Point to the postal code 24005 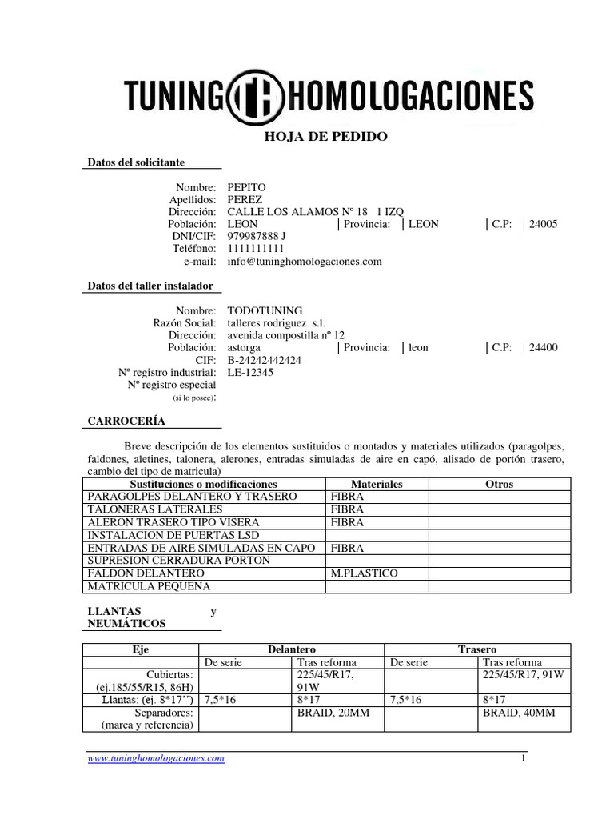[544, 224]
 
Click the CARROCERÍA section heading [126, 421]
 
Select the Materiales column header [377, 485]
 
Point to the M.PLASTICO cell [364, 573]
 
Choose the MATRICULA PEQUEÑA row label [148, 586]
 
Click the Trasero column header [477, 649]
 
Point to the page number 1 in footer [524, 758]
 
